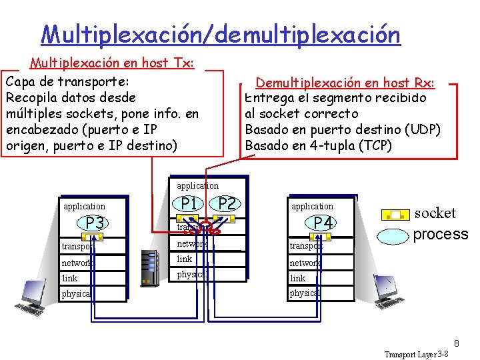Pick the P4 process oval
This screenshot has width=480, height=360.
coord(323,223)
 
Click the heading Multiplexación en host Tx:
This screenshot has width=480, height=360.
coord(112,63)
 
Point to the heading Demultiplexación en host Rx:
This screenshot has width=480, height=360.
coord(345,83)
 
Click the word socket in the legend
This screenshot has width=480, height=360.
coord(435,213)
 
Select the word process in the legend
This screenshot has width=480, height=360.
coord(441,234)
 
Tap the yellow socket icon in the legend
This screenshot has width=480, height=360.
coord(395,215)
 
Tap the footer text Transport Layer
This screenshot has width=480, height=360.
coord(409,354)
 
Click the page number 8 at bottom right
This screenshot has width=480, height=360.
coord(457,344)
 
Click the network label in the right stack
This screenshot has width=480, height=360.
coord(305,263)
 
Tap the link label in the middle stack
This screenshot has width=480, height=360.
coord(185,259)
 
